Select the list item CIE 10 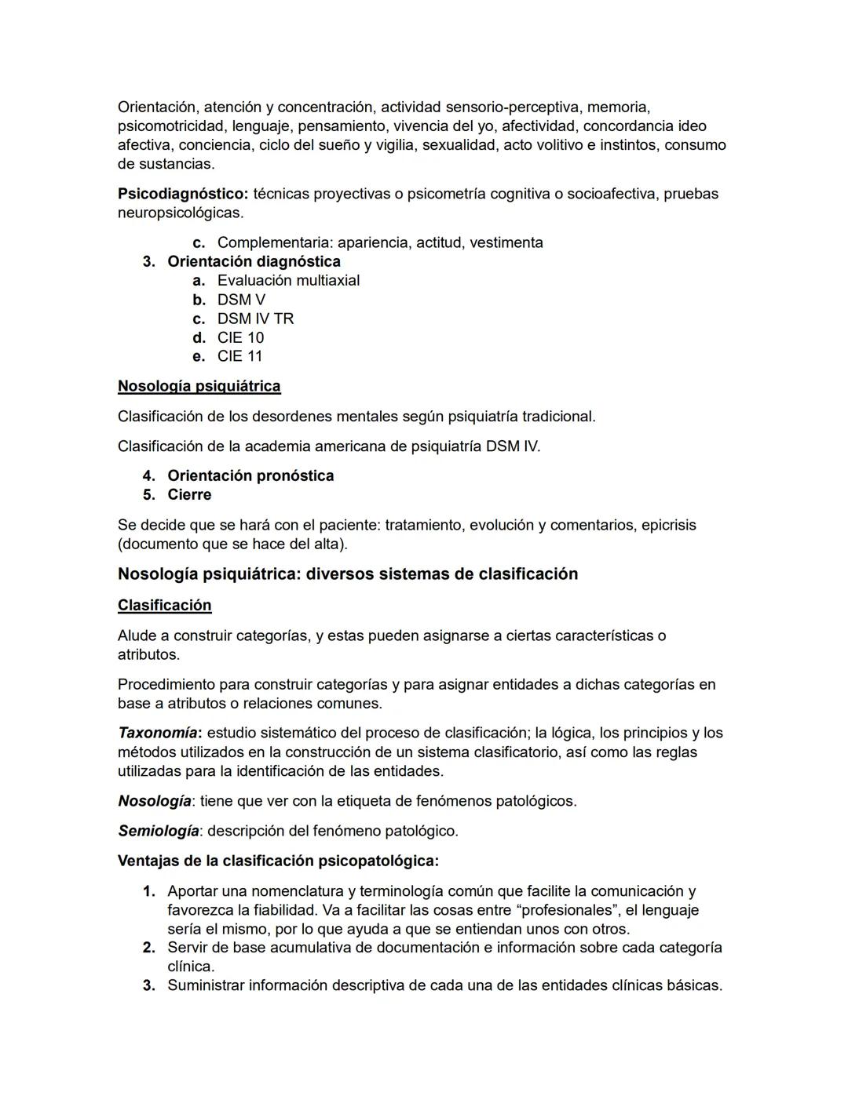coord(240,337)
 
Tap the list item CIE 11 coord(240,356)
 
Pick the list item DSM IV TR coord(255,319)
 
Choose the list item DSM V coord(241,300)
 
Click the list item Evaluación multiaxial coord(288,280)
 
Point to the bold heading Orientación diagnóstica coord(254,261)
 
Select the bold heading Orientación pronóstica coord(250,475)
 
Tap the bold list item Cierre coord(189,494)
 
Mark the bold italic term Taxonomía coord(157,733)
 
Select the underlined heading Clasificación coord(164,605)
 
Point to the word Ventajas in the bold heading coord(148,861)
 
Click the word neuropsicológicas coord(180,213)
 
